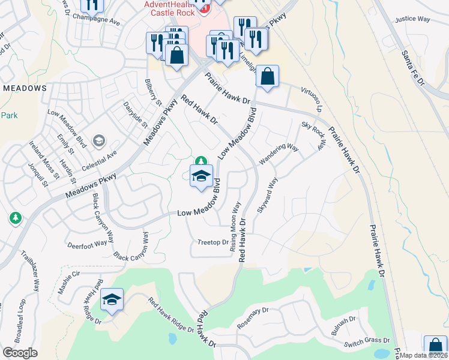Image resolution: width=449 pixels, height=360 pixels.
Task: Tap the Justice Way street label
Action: [x=413, y=19]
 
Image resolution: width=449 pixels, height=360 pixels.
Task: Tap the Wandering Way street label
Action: [x=279, y=154]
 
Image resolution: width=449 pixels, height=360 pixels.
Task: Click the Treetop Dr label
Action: [x=214, y=242]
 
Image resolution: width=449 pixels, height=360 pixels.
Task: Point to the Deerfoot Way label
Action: [x=87, y=245]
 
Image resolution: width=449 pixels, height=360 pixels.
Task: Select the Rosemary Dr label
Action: [x=252, y=319]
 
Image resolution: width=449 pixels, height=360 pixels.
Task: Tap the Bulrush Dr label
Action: [x=343, y=325]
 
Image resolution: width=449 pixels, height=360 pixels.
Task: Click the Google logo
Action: [x=19, y=353]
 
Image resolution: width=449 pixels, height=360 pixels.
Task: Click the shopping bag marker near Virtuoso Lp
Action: [x=267, y=77]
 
